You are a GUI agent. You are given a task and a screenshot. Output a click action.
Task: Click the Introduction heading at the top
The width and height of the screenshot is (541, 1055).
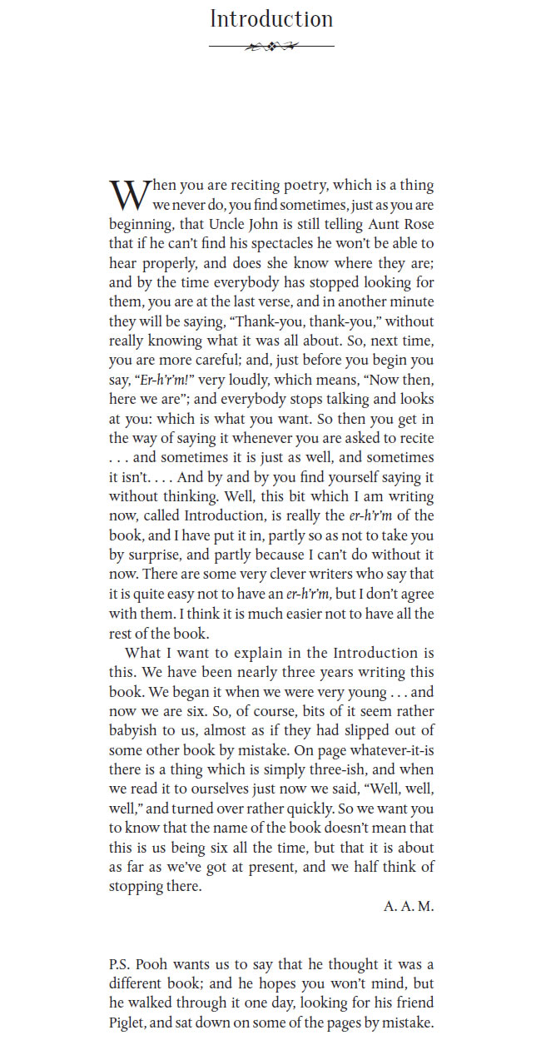tap(271, 19)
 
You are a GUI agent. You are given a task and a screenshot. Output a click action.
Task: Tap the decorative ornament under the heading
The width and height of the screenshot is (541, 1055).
tap(271, 47)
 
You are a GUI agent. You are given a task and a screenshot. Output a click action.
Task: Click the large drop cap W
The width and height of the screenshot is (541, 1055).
tap(129, 195)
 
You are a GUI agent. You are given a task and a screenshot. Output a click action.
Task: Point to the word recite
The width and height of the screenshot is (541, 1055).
tap(414, 438)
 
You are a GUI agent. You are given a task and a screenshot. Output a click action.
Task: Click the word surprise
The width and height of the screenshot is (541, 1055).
tap(149, 555)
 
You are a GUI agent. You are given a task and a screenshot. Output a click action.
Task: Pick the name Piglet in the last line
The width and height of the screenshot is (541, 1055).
tap(127, 1023)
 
